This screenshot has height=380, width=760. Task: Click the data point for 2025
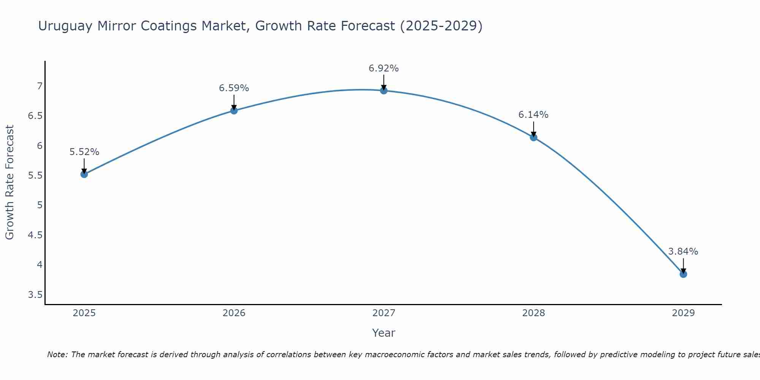click(84, 174)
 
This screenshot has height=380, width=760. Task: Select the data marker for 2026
click(234, 111)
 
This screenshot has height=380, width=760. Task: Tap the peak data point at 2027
click(384, 90)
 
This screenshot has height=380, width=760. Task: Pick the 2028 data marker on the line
click(534, 138)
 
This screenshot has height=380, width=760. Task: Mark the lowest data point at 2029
click(683, 274)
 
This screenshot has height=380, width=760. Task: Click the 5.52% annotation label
click(84, 152)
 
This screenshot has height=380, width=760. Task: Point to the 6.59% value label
click(234, 88)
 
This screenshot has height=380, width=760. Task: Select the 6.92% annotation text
click(384, 68)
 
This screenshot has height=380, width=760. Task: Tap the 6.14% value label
click(534, 115)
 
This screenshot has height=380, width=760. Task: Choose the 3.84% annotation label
click(683, 252)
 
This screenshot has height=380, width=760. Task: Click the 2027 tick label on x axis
click(384, 313)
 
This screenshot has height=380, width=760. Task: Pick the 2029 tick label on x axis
click(683, 313)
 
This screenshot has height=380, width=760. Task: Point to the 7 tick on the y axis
click(40, 86)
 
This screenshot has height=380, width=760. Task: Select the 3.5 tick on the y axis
click(35, 295)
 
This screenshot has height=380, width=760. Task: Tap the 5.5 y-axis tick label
click(35, 176)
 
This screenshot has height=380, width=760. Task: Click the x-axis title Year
click(384, 333)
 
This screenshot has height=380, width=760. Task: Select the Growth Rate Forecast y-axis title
click(9, 182)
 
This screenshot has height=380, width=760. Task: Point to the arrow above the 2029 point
click(683, 266)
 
